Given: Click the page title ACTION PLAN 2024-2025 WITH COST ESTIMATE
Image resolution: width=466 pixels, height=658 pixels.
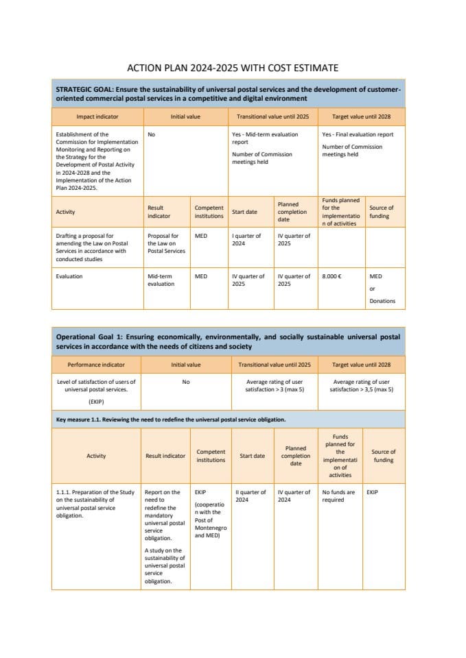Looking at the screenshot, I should pyautogui.click(x=233, y=68).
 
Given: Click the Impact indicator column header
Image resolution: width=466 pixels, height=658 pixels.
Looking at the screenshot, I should pyautogui.click(x=97, y=117).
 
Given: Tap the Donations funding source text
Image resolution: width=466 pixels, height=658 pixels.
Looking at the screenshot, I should pyautogui.click(x=382, y=301).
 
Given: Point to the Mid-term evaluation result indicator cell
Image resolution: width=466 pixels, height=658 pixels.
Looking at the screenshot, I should pyautogui.click(x=161, y=280).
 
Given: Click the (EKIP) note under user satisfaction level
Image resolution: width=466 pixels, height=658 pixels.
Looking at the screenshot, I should pyautogui.click(x=96, y=401).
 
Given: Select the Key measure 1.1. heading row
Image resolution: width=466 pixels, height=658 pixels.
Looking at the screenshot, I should pyautogui.click(x=170, y=419).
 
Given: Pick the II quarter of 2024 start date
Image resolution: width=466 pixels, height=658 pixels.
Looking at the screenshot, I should pyautogui.click(x=251, y=496).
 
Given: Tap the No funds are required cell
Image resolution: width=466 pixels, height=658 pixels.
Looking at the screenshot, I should pyautogui.click(x=338, y=496).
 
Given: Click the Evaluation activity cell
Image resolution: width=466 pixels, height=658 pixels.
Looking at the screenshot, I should pyautogui.click(x=69, y=276).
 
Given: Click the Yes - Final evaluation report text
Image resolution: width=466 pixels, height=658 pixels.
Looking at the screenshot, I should pyautogui.click(x=358, y=134).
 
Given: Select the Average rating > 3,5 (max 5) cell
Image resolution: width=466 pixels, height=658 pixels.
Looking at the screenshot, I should pyautogui.click(x=361, y=385).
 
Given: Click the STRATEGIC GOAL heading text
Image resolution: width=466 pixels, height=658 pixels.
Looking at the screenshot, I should pyautogui.click(x=227, y=93).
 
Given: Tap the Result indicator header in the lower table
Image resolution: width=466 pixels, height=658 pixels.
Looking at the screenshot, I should pyautogui.click(x=165, y=456).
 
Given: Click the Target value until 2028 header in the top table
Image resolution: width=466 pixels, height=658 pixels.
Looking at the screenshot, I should pyautogui.click(x=361, y=117).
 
